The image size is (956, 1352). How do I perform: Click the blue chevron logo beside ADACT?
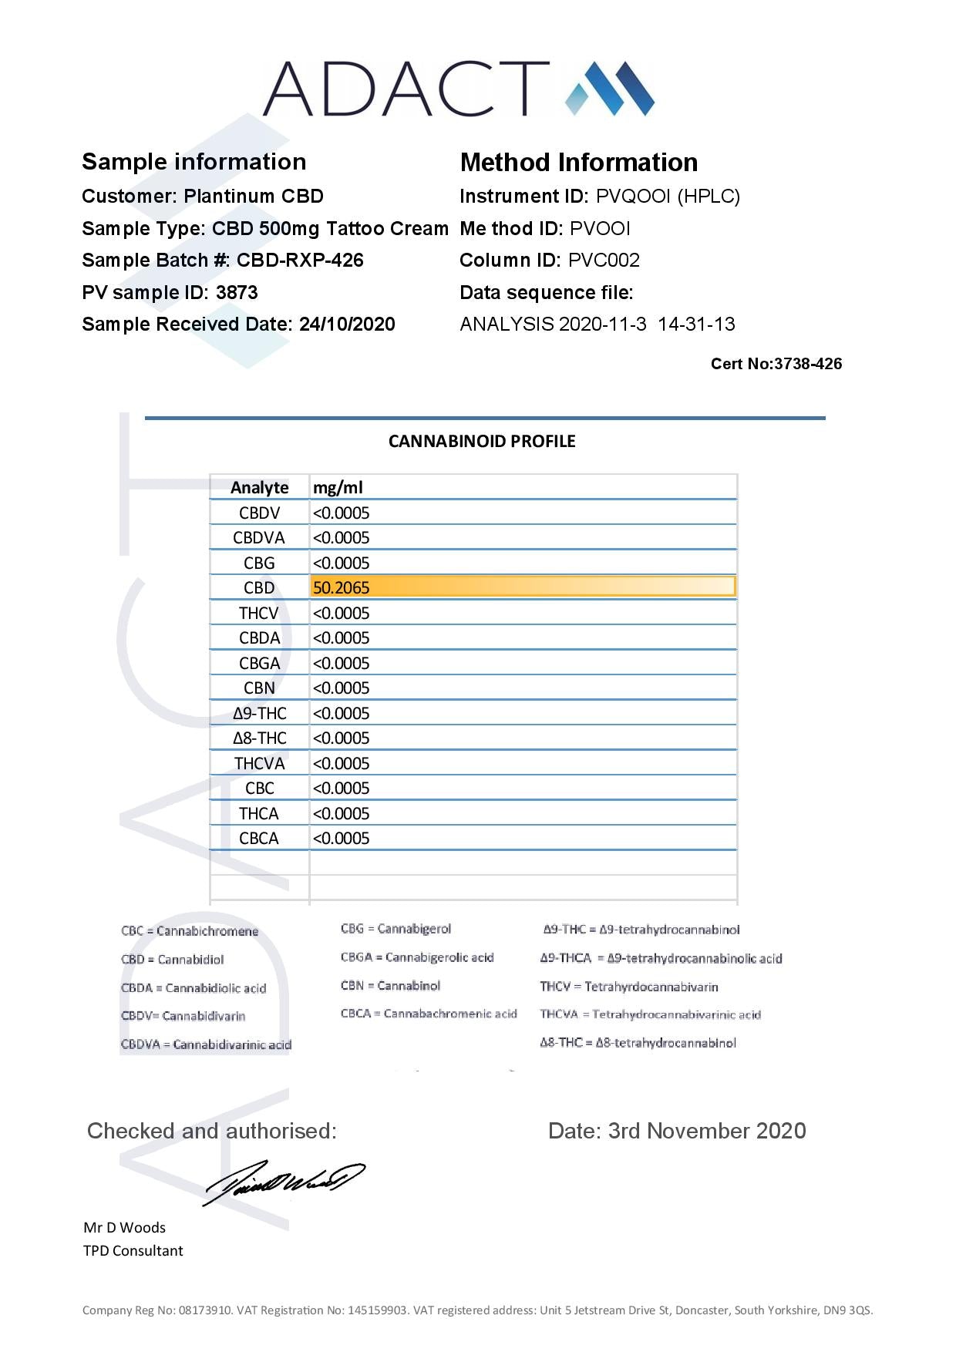tap(610, 89)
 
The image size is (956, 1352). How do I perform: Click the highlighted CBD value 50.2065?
tap(342, 588)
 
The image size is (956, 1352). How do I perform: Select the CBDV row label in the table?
tap(259, 513)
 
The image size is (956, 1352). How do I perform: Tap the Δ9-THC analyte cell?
tap(259, 714)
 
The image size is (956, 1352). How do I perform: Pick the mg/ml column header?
tap(338, 488)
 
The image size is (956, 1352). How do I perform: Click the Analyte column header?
tap(259, 488)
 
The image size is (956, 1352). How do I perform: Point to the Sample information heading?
tap(194, 162)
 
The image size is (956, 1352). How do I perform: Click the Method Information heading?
tap(578, 163)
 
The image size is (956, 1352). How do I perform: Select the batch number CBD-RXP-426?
tap(300, 261)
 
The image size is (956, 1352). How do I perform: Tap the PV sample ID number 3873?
tap(237, 293)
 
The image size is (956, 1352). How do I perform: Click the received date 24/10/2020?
tap(347, 325)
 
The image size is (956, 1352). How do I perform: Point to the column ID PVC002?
tap(604, 261)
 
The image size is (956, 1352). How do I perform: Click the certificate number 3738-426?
tap(807, 364)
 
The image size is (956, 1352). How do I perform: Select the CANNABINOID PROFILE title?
tap(482, 442)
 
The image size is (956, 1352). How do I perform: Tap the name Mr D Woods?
tap(124, 1227)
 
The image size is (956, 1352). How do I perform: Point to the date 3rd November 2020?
tap(707, 1131)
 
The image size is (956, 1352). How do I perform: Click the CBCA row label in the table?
tap(259, 839)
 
